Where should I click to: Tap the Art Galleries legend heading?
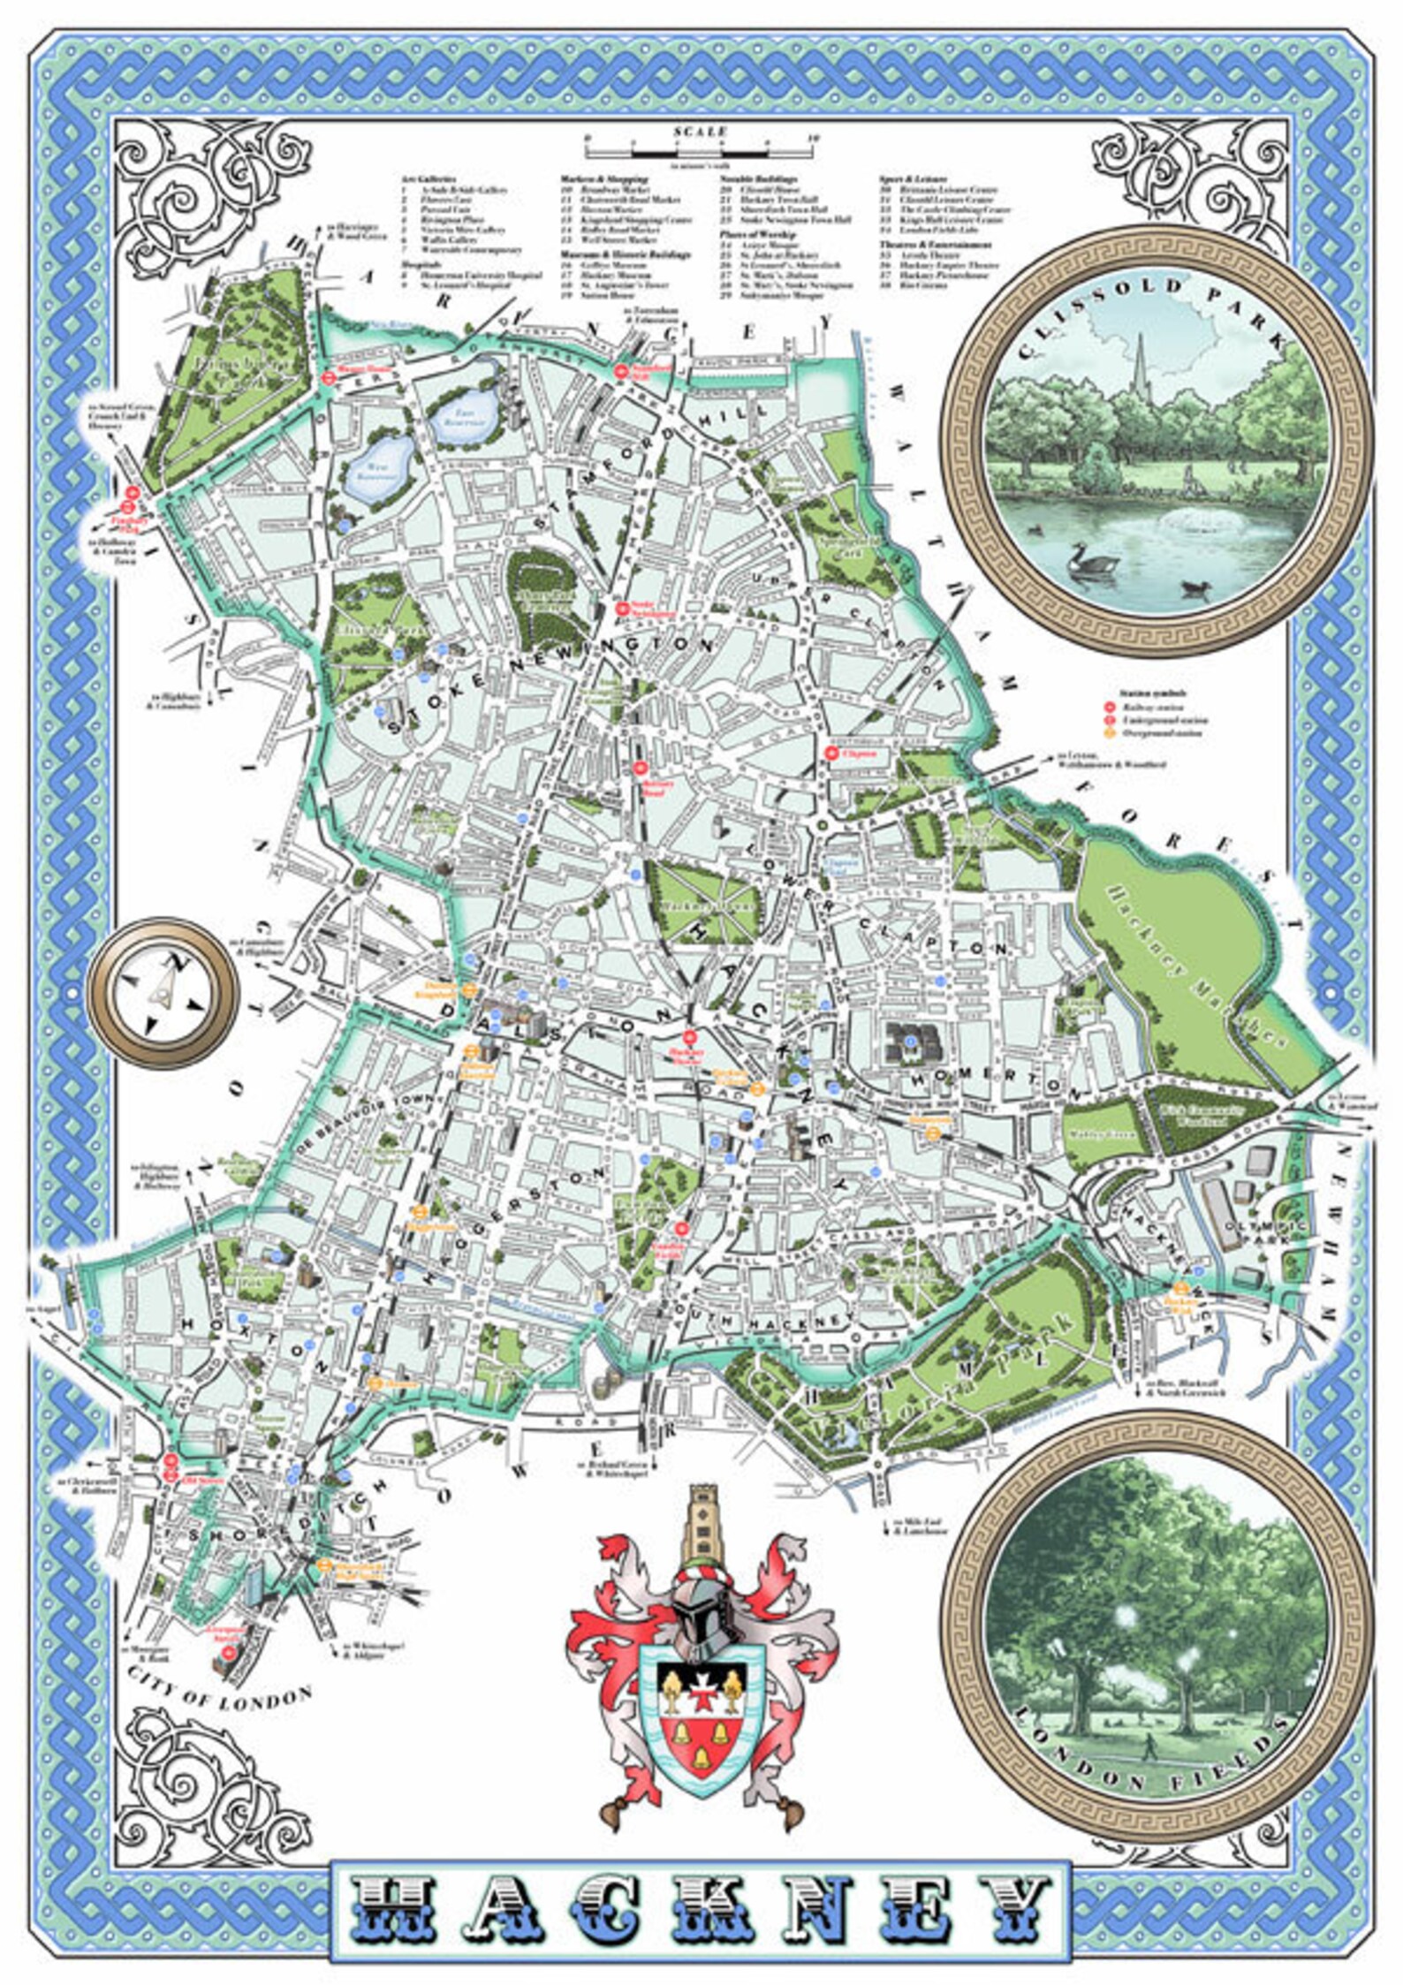click(x=430, y=178)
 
